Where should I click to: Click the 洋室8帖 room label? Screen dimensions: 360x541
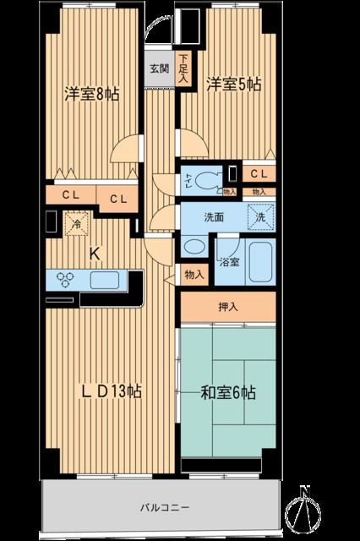92,94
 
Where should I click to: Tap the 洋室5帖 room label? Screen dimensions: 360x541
233,85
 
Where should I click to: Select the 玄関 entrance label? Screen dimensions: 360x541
159,68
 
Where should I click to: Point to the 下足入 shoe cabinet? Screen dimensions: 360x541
183,68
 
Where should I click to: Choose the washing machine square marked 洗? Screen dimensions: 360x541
261,217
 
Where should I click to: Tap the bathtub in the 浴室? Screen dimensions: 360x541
260,262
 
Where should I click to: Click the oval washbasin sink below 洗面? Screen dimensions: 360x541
194,247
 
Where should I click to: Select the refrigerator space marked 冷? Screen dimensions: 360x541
77,224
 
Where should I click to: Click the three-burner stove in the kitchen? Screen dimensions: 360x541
66,280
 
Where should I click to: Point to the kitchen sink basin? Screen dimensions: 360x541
105,280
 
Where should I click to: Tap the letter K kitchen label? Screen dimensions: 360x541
95,254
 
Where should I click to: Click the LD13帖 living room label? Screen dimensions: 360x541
112,391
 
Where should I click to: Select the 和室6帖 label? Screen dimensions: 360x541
228,392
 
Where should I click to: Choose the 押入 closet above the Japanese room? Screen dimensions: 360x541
228,307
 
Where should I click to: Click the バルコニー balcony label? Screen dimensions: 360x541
165,508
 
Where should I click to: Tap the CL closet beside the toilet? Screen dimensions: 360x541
259,173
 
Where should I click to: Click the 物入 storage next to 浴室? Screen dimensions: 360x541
194,275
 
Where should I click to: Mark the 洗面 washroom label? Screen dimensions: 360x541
214,217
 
